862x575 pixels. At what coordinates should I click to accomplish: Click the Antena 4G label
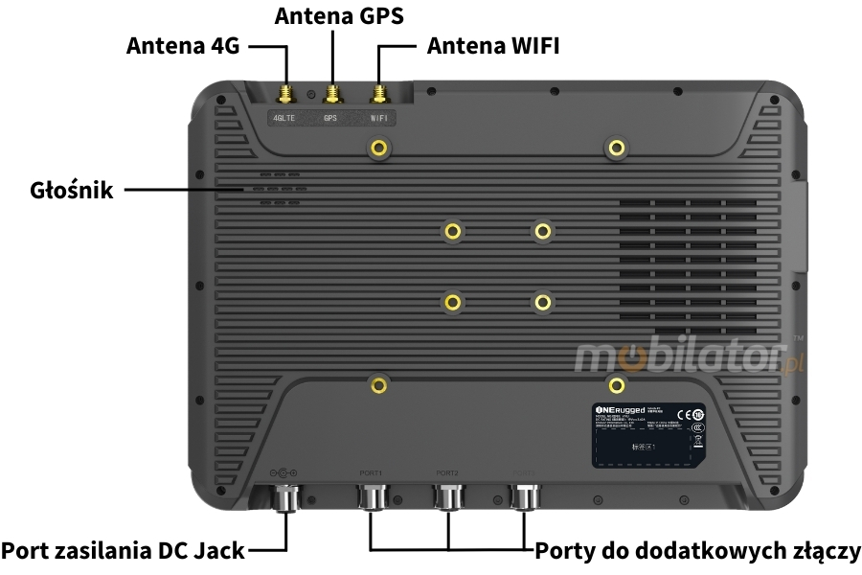click(183, 45)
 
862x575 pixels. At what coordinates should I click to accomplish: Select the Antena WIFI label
click(492, 45)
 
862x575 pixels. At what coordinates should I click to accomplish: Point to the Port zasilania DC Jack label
click(123, 550)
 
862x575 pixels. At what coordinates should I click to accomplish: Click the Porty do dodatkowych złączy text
click(698, 550)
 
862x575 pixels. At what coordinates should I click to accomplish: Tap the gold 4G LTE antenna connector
click(285, 94)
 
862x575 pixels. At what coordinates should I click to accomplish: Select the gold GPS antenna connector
click(332, 94)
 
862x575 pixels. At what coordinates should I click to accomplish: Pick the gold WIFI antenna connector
click(380, 94)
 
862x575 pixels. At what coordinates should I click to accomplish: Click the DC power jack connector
click(286, 498)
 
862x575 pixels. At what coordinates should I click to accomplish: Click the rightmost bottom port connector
click(524, 496)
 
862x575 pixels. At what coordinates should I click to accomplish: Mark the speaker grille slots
click(280, 190)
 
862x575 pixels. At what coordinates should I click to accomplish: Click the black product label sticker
click(648, 433)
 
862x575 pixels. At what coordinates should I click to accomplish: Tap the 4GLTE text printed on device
click(284, 119)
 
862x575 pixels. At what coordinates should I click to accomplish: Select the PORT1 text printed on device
click(371, 472)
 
